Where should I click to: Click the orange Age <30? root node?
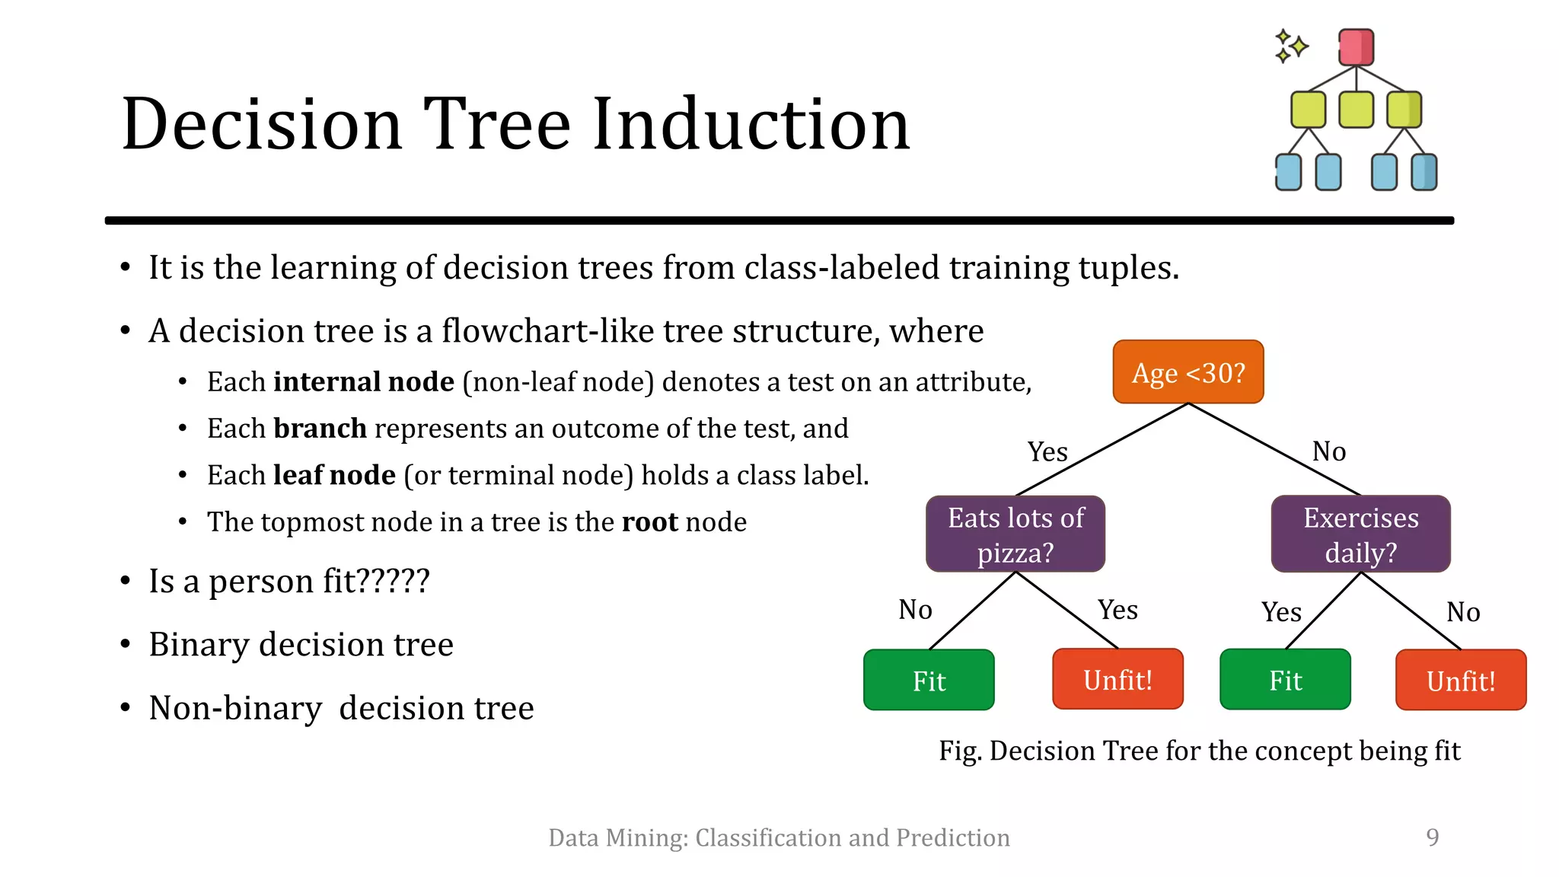[1188, 372]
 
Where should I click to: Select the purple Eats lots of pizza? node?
[1015, 534]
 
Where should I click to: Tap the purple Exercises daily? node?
[1360, 534]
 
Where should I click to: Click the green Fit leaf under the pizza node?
[929, 681]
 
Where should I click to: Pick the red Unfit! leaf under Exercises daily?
[1460, 681]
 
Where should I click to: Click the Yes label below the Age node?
[1047, 452]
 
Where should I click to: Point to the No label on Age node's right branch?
[1329, 452]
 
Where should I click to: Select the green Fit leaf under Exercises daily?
[1285, 681]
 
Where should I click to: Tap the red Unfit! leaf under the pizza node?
[1117, 680]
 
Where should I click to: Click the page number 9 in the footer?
[1432, 837]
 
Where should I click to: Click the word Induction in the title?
[751, 124]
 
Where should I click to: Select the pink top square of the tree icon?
[1356, 47]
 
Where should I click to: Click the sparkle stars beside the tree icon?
[1290, 46]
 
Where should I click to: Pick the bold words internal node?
[363, 381]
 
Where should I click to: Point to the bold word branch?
[320, 429]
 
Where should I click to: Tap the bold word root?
[649, 522]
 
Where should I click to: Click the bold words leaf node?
[334, 475]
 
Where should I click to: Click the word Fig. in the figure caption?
[961, 751]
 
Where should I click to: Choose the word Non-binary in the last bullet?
[235, 708]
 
